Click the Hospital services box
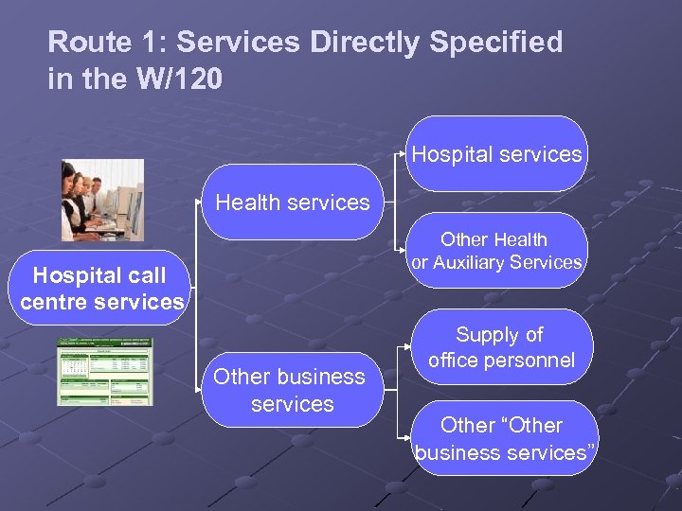click(x=497, y=154)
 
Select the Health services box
click(x=293, y=203)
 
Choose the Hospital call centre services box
click(x=100, y=289)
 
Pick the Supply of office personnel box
click(x=501, y=347)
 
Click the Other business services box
click(x=289, y=390)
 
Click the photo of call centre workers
click(x=101, y=200)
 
